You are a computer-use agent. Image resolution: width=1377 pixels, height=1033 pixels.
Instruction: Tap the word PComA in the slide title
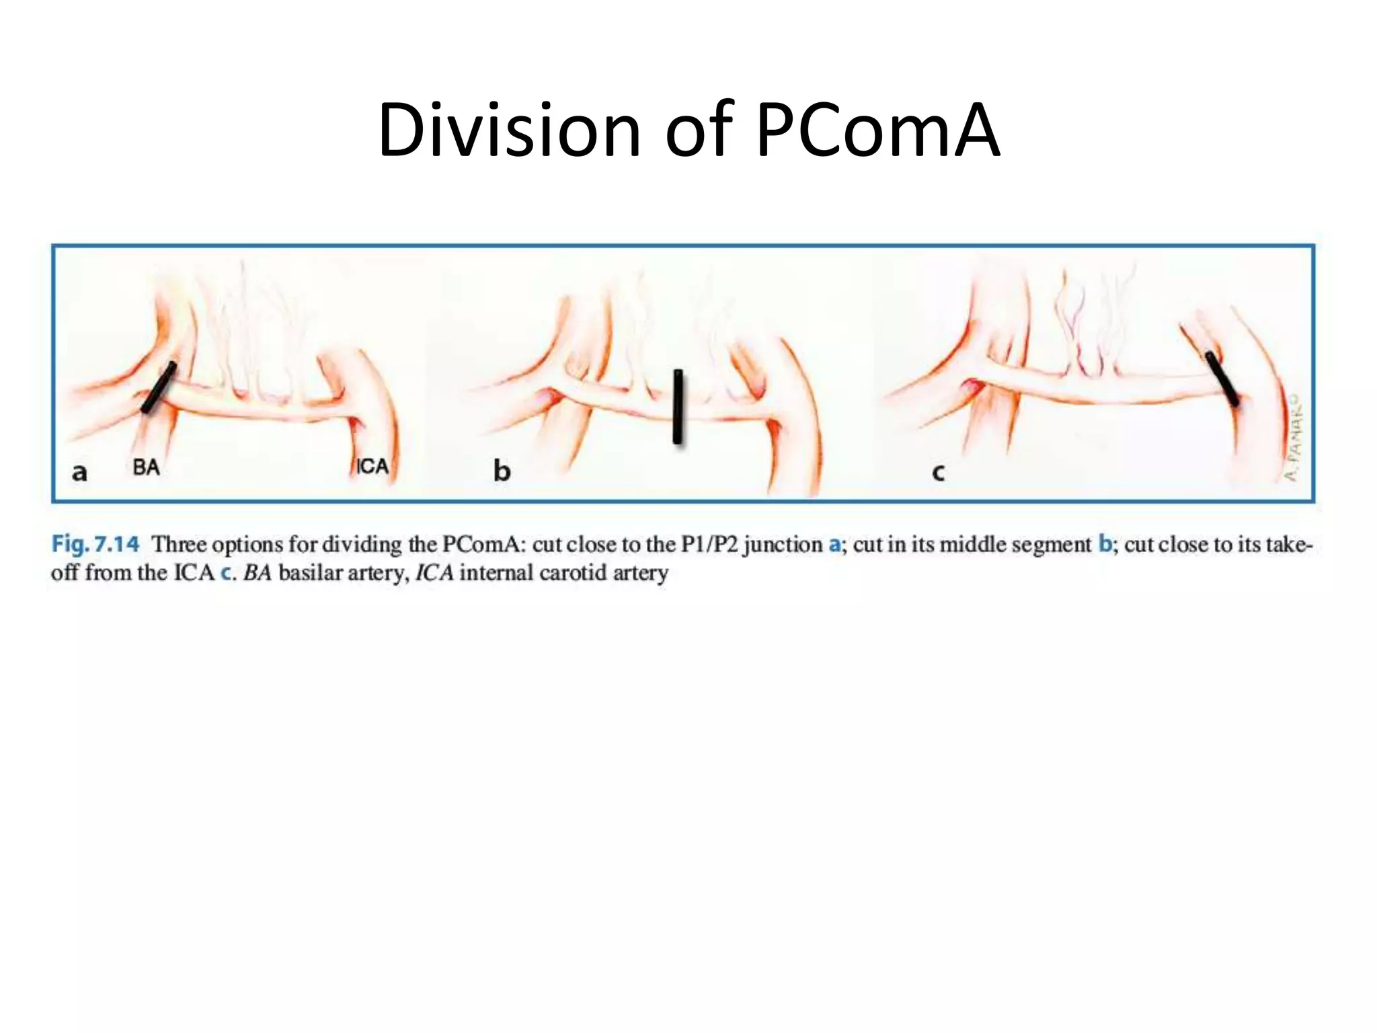(x=877, y=130)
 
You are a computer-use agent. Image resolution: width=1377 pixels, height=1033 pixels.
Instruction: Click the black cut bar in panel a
(x=159, y=387)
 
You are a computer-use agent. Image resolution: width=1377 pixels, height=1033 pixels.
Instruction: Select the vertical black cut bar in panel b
(x=678, y=406)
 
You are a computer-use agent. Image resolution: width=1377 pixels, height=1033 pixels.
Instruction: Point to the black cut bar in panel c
(x=1222, y=379)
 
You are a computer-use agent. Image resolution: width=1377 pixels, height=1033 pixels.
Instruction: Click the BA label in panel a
(x=146, y=467)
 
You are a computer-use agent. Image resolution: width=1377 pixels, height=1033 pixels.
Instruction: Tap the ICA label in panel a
(x=372, y=466)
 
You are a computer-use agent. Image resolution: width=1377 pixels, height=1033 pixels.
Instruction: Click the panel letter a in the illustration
(x=79, y=472)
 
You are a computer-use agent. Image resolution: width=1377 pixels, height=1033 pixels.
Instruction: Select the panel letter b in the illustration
(x=502, y=471)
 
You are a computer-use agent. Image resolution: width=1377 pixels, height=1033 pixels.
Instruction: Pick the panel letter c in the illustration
(x=938, y=473)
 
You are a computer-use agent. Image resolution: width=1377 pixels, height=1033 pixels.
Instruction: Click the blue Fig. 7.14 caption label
(x=95, y=543)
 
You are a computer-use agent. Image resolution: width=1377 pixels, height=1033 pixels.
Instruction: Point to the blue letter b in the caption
(x=1105, y=543)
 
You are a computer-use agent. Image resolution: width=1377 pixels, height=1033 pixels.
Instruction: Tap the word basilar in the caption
(x=311, y=573)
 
